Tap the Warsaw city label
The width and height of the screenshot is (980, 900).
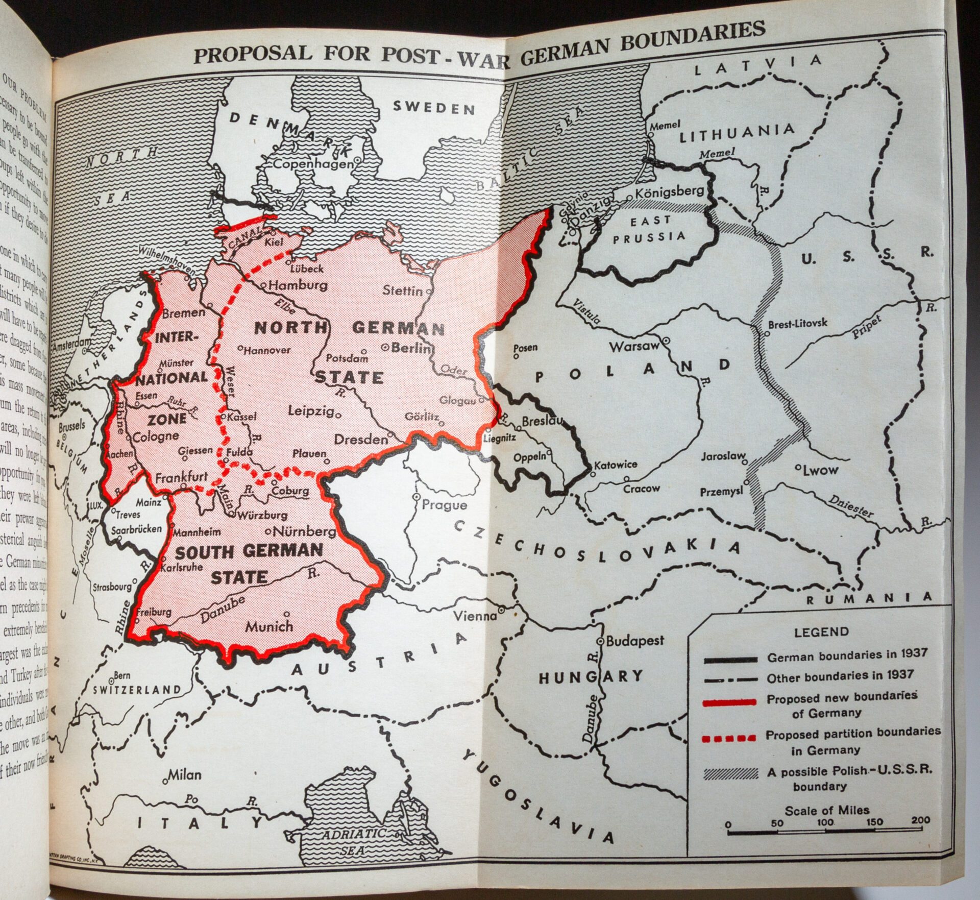[634, 347]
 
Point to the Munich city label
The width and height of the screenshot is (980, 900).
[269, 626]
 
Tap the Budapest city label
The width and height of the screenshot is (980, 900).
[635, 641]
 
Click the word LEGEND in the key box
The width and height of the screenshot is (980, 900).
[821, 632]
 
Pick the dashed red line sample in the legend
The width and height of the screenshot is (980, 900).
[729, 738]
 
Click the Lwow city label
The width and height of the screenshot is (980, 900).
[820, 470]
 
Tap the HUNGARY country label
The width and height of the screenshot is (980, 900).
[591, 677]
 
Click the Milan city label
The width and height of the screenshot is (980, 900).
[185, 775]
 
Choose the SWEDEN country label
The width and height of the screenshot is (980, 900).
[434, 108]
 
